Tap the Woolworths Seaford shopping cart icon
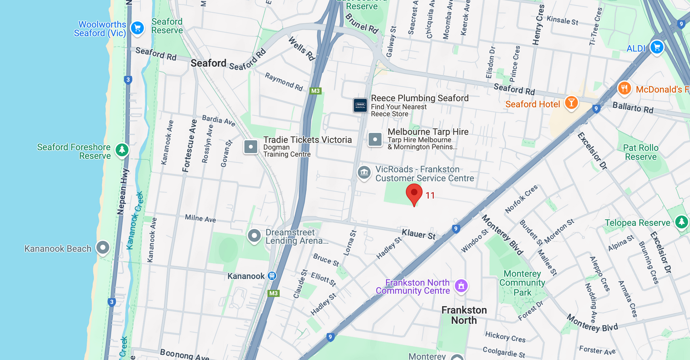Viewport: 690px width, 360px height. click(x=137, y=28)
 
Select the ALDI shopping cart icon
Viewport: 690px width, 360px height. click(x=656, y=47)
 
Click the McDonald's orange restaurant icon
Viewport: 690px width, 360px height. click(x=624, y=88)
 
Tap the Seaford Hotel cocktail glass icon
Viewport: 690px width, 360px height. click(x=571, y=103)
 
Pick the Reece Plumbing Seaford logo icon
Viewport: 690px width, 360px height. click(x=360, y=105)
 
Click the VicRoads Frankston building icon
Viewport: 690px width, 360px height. click(x=364, y=173)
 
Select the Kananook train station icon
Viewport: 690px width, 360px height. click(x=272, y=276)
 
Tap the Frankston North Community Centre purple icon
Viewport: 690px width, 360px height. click(x=461, y=286)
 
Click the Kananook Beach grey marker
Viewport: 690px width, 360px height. click(x=103, y=248)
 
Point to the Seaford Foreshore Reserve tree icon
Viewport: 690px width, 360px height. click(x=122, y=150)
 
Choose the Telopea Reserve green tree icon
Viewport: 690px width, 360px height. click(x=681, y=222)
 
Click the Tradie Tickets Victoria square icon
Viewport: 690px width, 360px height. click(x=251, y=147)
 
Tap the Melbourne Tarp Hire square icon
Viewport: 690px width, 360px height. click(x=375, y=139)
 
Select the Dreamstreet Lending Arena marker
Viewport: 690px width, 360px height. click(x=254, y=236)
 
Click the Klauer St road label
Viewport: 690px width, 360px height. click(x=418, y=234)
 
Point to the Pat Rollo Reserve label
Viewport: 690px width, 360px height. click(x=640, y=152)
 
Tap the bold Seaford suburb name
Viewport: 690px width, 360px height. click(x=208, y=63)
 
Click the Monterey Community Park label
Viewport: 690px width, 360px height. click(x=522, y=283)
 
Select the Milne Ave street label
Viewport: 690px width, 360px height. click(x=200, y=218)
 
